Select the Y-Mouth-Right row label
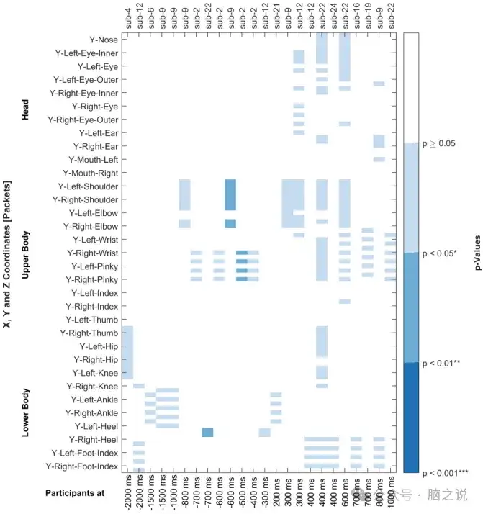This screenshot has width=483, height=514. (91, 173)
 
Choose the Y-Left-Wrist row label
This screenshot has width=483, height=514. (95, 240)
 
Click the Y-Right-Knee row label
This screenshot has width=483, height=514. (92, 387)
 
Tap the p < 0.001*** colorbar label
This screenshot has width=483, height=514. (445, 473)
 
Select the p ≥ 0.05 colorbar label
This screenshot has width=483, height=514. (438, 143)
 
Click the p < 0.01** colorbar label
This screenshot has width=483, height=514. (441, 363)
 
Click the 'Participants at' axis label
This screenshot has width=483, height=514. (75, 493)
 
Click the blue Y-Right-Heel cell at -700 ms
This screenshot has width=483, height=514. (207, 432)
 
